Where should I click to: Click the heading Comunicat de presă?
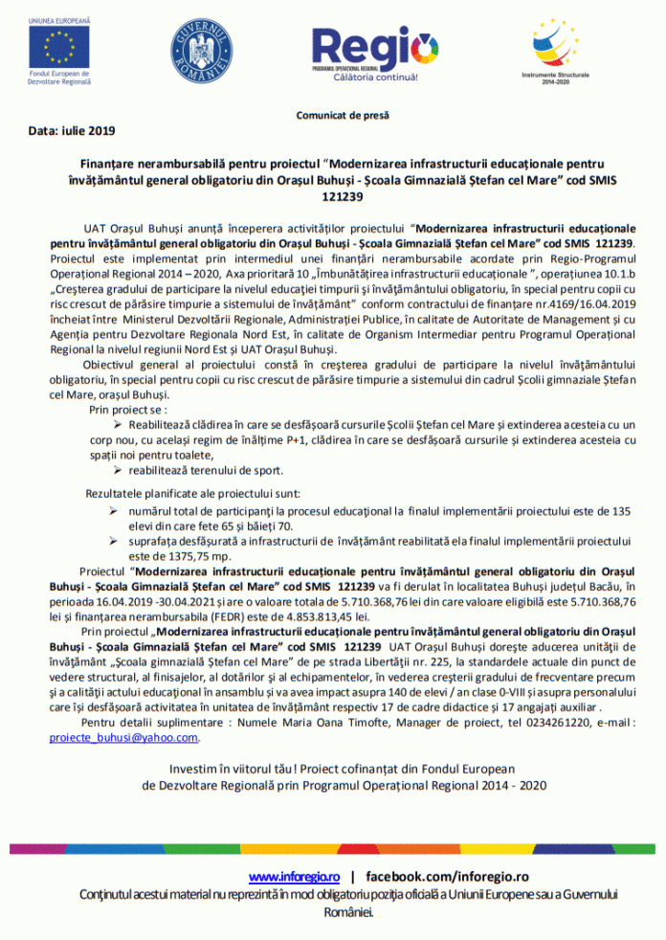coord(343,117)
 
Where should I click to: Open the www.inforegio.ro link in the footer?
coord(295,876)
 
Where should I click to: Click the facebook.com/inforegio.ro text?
coord(447,876)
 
